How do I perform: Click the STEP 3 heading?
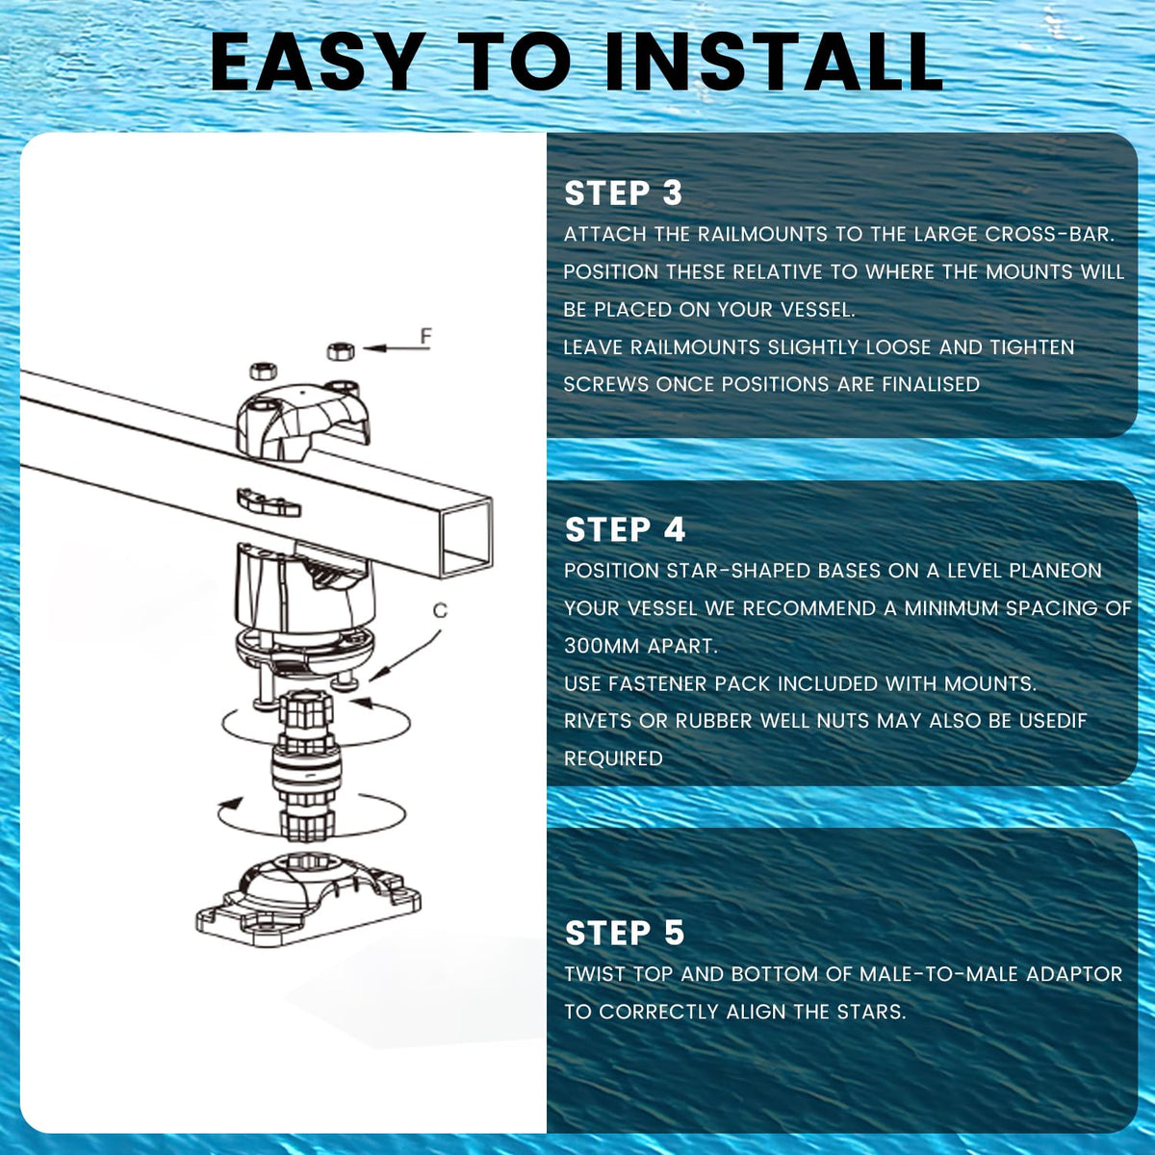click(624, 193)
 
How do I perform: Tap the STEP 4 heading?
click(625, 529)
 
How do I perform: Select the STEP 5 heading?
click(625, 933)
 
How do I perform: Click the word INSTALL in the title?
click(774, 62)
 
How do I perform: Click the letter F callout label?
click(426, 336)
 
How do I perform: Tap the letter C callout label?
click(440, 610)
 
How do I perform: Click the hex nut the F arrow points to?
click(341, 350)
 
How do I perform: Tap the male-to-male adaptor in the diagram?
click(306, 765)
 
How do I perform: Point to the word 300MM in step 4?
click(601, 646)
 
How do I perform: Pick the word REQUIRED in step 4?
click(614, 758)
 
